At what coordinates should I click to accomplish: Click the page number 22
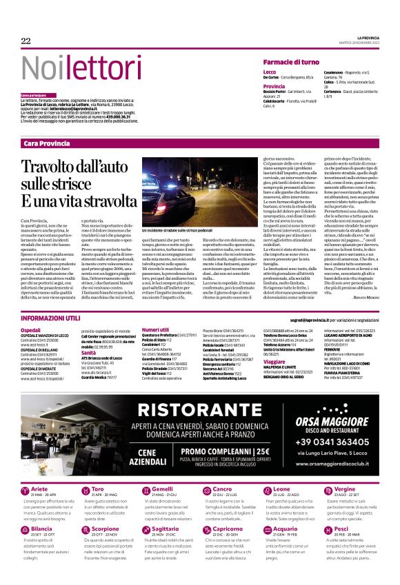pyautogui.click(x=26, y=41)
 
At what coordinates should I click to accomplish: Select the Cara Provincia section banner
pyautogui.click(x=47, y=143)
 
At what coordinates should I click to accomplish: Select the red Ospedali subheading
pyautogui.click(x=31, y=330)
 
